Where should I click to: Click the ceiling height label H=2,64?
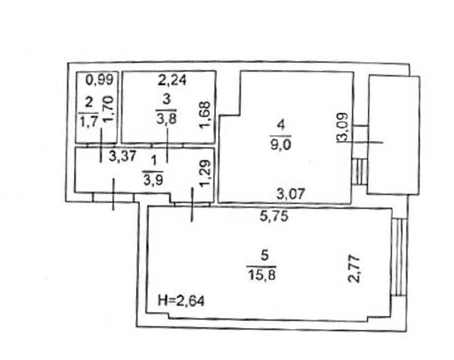181,301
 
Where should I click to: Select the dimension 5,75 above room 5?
274,216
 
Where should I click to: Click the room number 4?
281,125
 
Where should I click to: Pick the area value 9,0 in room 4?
280,144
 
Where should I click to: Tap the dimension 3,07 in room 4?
290,194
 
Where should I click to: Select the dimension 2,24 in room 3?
172,80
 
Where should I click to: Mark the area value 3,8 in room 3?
166,118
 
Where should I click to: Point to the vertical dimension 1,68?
205,114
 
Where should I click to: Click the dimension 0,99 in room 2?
99,79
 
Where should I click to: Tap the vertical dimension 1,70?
109,110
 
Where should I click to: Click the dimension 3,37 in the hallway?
123,156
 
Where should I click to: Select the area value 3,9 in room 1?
153,180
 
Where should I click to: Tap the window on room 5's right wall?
399,257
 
